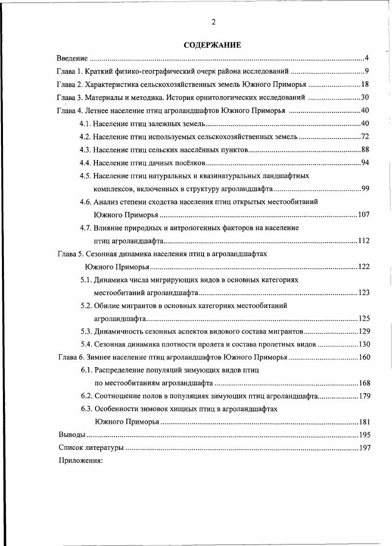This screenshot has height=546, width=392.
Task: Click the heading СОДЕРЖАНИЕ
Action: (212, 45)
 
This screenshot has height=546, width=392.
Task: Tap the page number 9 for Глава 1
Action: (367, 71)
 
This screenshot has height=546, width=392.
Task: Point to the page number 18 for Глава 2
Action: (365, 84)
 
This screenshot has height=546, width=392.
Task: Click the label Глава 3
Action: (72, 97)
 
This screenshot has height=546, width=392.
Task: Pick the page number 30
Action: (365, 97)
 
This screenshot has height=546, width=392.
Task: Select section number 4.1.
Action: (85, 123)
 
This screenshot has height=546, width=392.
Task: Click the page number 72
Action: (365, 136)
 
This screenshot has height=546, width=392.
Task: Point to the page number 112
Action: (363, 241)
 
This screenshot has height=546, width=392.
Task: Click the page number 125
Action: (364, 318)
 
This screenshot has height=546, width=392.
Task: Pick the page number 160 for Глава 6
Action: (364, 357)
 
